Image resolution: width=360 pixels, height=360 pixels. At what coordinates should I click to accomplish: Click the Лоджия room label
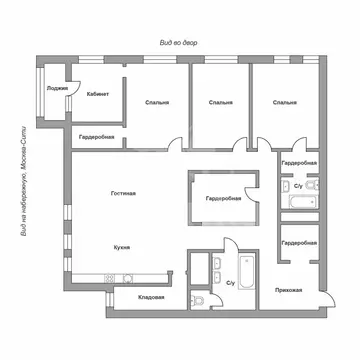(x=57, y=89)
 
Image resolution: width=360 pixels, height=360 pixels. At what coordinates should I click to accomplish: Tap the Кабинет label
(x=98, y=93)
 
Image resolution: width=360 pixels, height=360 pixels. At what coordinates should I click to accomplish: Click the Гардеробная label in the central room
(x=223, y=199)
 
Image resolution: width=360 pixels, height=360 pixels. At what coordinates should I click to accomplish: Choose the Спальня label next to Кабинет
(x=156, y=102)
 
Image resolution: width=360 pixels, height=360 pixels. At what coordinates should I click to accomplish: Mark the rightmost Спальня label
(x=284, y=102)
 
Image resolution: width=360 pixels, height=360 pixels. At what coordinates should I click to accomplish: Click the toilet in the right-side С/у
(x=311, y=186)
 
